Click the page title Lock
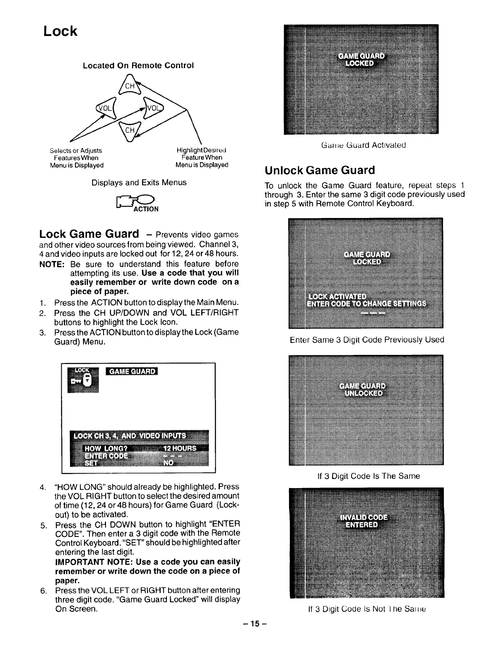click(x=60, y=31)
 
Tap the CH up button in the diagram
click(x=130, y=86)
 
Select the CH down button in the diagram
click(x=130, y=130)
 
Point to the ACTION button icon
click(x=137, y=203)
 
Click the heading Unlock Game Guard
click(x=320, y=170)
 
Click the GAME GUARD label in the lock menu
click(x=132, y=371)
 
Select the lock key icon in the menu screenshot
click(x=83, y=379)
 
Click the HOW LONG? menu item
click(x=106, y=448)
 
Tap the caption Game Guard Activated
click(x=363, y=145)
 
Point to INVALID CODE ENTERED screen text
click(x=363, y=521)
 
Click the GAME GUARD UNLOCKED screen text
click(x=362, y=389)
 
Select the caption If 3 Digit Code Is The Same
click(x=368, y=476)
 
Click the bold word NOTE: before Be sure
click(x=51, y=264)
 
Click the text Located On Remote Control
click(x=138, y=66)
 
